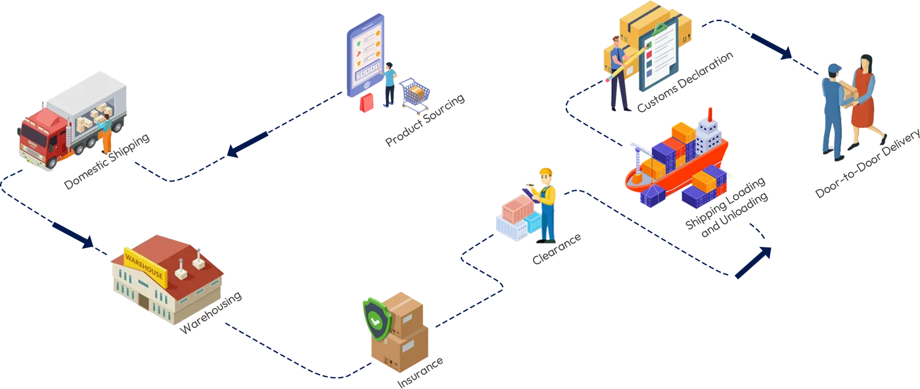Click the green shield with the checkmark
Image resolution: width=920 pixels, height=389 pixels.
[377, 319]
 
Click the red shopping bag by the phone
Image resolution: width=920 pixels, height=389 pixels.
[367, 103]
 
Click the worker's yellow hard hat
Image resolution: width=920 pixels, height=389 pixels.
[545, 173]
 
